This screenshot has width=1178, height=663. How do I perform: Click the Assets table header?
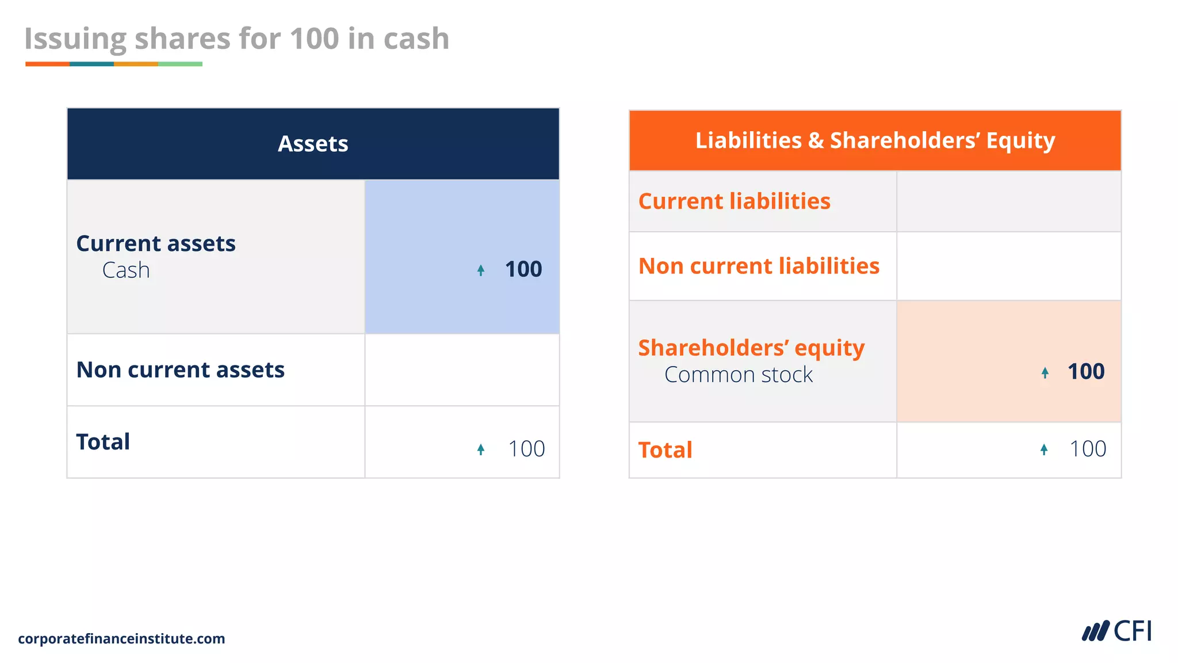tap(313, 144)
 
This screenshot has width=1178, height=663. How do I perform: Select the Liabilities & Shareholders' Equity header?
tap(875, 140)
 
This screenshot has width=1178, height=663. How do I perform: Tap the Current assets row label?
tap(156, 243)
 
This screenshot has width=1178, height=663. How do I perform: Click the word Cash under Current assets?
tap(126, 270)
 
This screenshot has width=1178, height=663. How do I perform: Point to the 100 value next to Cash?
tap(523, 269)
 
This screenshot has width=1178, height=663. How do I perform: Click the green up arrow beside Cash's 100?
tap(481, 270)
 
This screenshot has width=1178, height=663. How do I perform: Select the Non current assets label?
tap(181, 369)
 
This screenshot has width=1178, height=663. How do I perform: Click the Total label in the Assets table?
tap(104, 442)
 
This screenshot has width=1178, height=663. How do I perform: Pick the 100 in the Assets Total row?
tap(526, 449)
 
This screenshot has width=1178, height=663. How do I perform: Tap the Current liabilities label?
tap(735, 201)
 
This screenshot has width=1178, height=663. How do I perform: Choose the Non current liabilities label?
tap(759, 266)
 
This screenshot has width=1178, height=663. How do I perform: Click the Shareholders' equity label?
tap(751, 348)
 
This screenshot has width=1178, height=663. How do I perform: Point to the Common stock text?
tap(739, 375)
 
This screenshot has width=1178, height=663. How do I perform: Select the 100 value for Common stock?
tap(1086, 372)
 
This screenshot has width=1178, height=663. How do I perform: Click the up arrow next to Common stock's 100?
tap(1045, 373)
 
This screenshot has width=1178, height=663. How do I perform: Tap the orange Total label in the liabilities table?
tap(666, 450)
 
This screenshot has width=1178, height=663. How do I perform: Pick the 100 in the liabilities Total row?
tap(1088, 449)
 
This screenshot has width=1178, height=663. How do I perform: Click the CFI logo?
tap(1117, 631)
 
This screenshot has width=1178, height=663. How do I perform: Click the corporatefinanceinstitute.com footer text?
tap(121, 639)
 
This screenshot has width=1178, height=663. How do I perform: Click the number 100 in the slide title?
tap(314, 39)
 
